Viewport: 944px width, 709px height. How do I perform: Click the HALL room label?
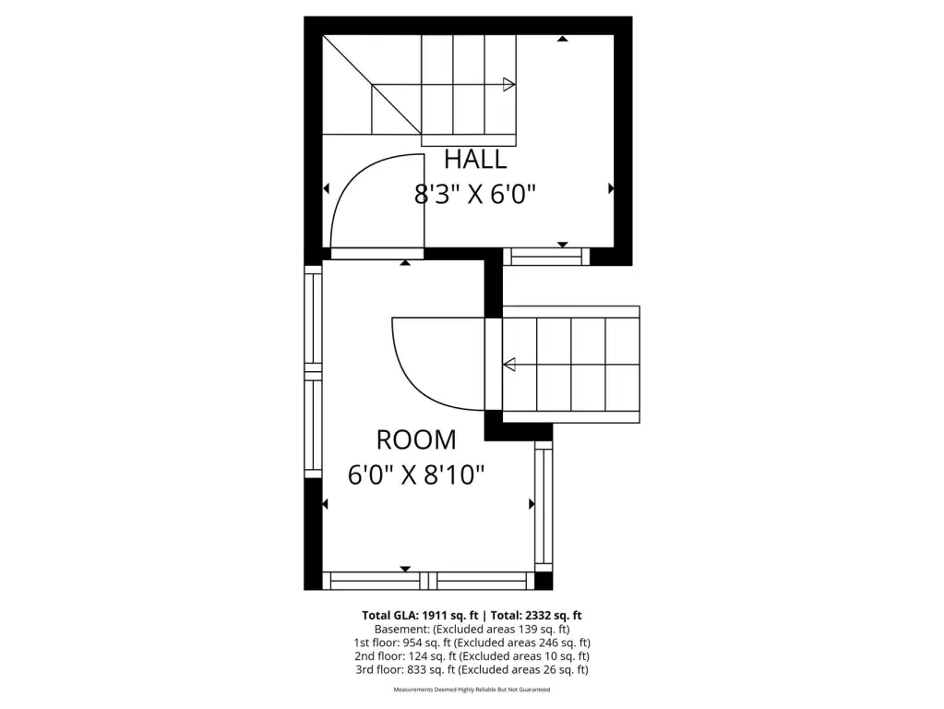coord(475,159)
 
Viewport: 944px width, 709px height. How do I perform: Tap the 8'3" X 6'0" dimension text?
coord(475,195)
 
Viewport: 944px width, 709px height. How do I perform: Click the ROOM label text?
coord(416,439)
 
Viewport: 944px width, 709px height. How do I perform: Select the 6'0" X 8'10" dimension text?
coord(416,475)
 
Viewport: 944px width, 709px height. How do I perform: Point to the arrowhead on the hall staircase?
coord(509,84)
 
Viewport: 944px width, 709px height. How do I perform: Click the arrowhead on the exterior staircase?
coord(509,365)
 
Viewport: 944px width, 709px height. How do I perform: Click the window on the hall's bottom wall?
coord(546,257)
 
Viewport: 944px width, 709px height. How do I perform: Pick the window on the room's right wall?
coord(544,507)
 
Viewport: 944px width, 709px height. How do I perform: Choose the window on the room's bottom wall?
coord(429,581)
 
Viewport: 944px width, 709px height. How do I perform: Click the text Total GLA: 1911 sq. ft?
coord(420,615)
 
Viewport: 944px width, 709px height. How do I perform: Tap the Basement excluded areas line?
coord(472,629)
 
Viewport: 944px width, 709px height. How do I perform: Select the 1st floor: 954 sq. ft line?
coord(472,643)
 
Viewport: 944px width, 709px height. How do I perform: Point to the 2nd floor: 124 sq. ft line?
coord(472,656)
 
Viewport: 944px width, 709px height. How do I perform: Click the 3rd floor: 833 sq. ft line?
coord(472,669)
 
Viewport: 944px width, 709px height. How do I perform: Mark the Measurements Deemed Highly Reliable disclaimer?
coord(472,689)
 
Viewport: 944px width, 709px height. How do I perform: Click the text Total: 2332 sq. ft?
coord(536,615)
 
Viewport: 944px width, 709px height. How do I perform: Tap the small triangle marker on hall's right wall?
coord(611,188)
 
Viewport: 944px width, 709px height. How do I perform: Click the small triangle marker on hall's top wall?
coord(563,39)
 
